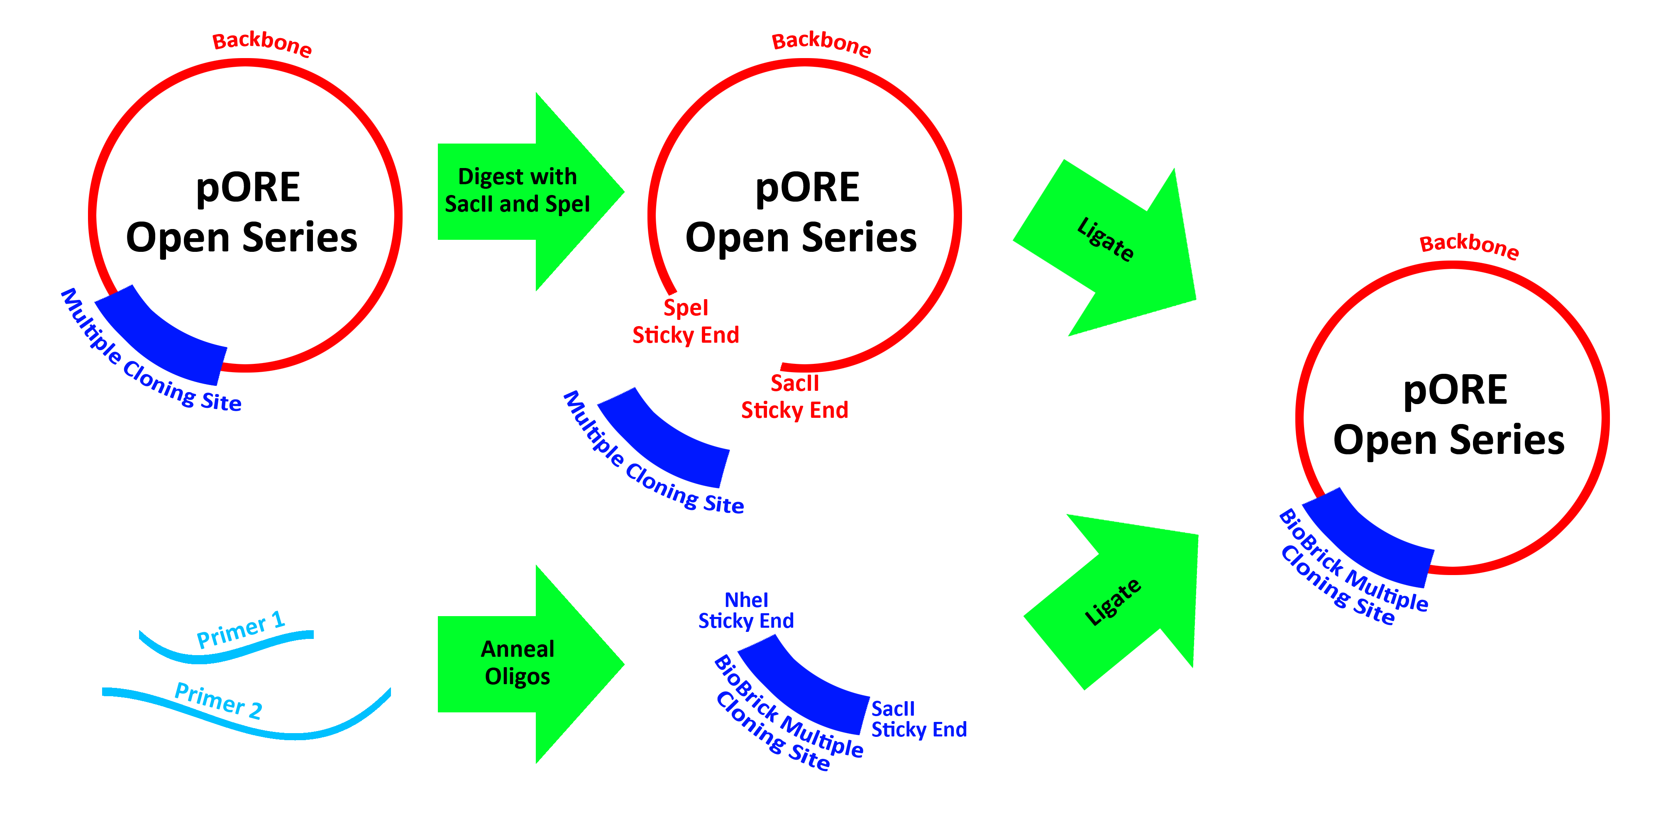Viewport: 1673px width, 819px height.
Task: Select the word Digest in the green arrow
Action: coord(491,177)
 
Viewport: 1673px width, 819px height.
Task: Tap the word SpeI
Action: coord(569,204)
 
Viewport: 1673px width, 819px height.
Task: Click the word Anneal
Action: coord(518,649)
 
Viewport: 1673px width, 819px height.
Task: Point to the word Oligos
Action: coord(518,677)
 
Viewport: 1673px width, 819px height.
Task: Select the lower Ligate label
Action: coord(1113,602)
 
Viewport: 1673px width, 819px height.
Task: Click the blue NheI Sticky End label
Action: coord(745,610)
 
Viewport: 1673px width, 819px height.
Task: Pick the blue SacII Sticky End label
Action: coord(918,719)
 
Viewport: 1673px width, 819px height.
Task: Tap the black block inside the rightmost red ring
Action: coord(1450,414)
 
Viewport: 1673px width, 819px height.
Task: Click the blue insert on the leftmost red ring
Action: coord(162,338)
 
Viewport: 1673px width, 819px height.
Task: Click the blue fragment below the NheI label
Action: coord(805,682)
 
